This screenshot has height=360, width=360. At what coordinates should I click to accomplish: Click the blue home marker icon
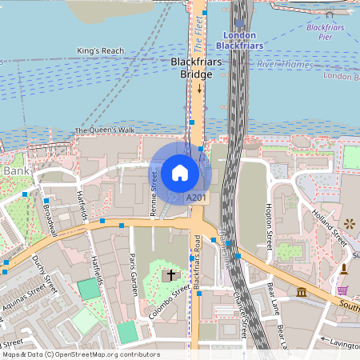point(180,173)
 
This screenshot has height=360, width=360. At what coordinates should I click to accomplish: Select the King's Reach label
point(101,51)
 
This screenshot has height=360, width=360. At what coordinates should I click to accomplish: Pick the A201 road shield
point(196,197)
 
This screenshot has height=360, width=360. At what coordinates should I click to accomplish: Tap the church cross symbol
point(170,275)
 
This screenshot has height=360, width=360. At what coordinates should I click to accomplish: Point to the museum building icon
point(302,293)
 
